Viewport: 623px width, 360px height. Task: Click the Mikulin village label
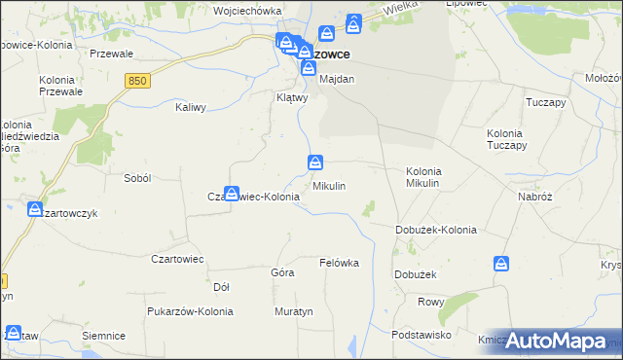[x=329, y=185]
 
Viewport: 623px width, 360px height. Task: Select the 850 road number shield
[x=137, y=82]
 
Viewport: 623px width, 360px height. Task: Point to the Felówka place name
[x=340, y=263]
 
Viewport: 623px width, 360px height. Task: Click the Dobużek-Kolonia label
[x=435, y=231]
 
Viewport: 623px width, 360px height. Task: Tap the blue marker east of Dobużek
[x=501, y=263]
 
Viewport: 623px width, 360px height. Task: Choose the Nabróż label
[x=535, y=196]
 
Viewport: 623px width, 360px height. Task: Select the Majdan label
[x=337, y=79]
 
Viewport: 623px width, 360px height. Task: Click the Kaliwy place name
[x=191, y=108]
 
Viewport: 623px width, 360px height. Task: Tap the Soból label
[x=137, y=178]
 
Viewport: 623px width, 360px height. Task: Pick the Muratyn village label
[x=292, y=312]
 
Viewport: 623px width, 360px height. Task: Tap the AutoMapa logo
[x=559, y=341]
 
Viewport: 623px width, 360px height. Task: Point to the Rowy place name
[x=430, y=302]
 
